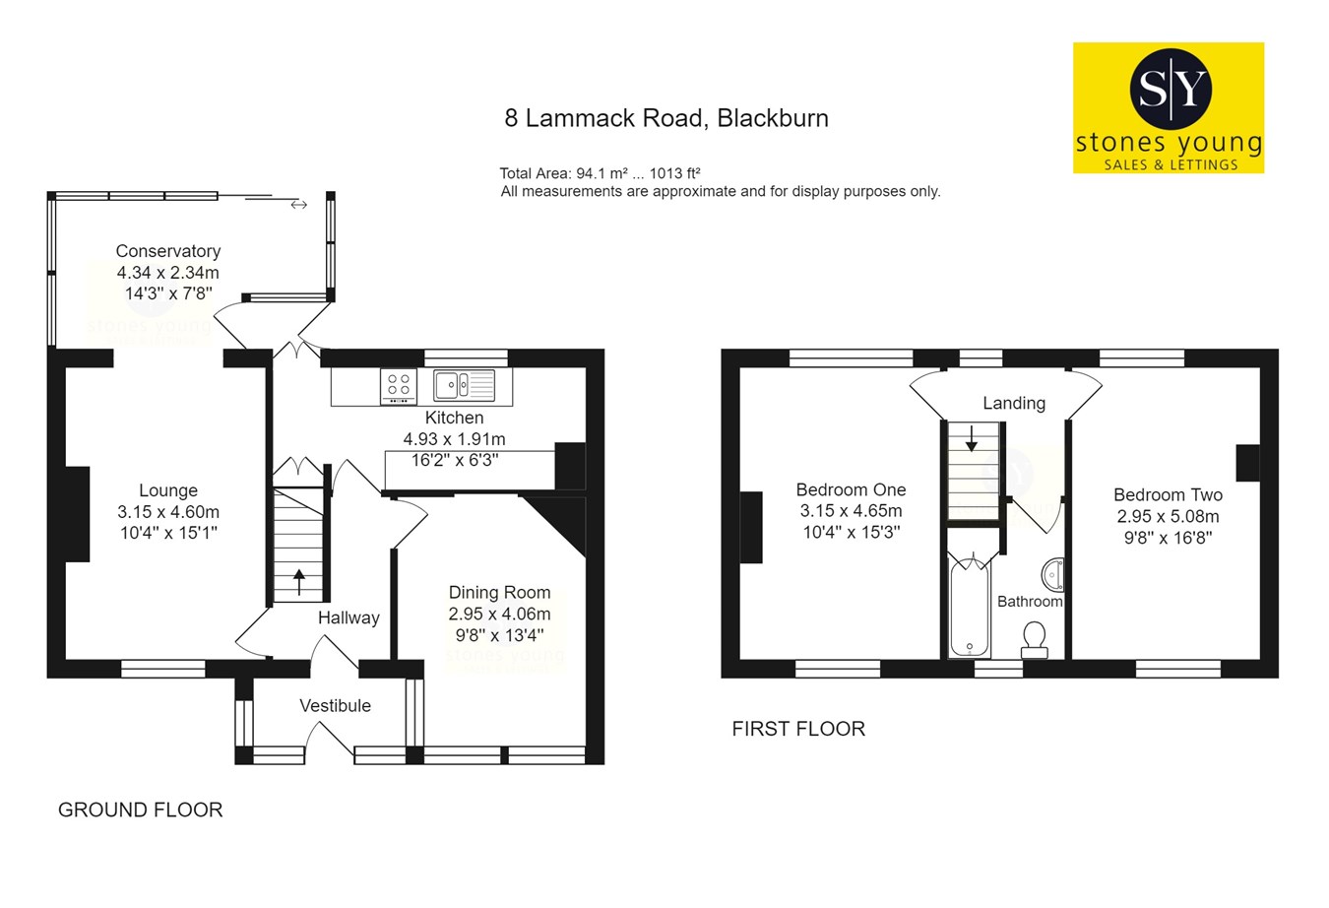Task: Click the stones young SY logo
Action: point(1169,107)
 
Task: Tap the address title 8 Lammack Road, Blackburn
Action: point(666,118)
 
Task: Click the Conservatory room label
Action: point(167,251)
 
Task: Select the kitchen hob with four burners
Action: point(399,385)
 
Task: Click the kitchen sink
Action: point(464,384)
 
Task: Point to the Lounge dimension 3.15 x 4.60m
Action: point(168,512)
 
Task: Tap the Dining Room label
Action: point(499,592)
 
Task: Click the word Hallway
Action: point(348,617)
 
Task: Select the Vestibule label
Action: point(335,705)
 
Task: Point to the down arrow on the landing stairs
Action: point(972,438)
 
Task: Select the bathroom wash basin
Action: point(1052,573)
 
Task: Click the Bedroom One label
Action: point(851,489)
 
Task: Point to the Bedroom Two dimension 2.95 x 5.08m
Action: point(1168,517)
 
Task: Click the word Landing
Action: point(1014,403)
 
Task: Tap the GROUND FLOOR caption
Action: point(141,810)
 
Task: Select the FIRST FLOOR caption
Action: point(798,729)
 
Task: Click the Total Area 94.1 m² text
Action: point(600,173)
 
